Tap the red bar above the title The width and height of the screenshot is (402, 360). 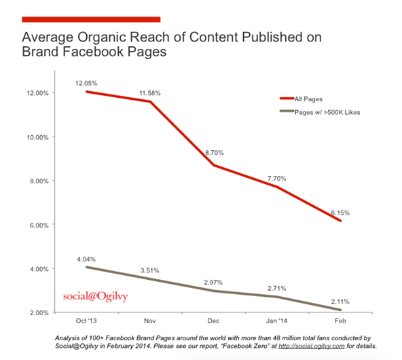(92, 19)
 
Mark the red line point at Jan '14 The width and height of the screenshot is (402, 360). (277, 187)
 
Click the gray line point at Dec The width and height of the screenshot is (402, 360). (213, 291)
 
